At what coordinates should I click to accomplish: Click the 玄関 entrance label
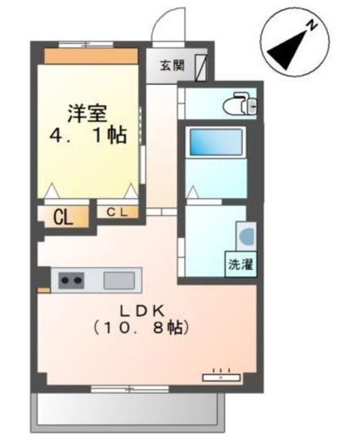pyautogui.click(x=172, y=66)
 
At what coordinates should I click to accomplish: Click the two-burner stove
pyautogui.click(x=71, y=280)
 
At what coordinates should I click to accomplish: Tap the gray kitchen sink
pyautogui.click(x=119, y=280)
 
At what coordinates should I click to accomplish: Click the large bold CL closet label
pyautogui.click(x=64, y=218)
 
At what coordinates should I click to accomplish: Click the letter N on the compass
pyautogui.click(x=312, y=26)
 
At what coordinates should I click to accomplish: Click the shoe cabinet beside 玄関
pyautogui.click(x=201, y=67)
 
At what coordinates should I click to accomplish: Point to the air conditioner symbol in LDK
pyautogui.click(x=222, y=377)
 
